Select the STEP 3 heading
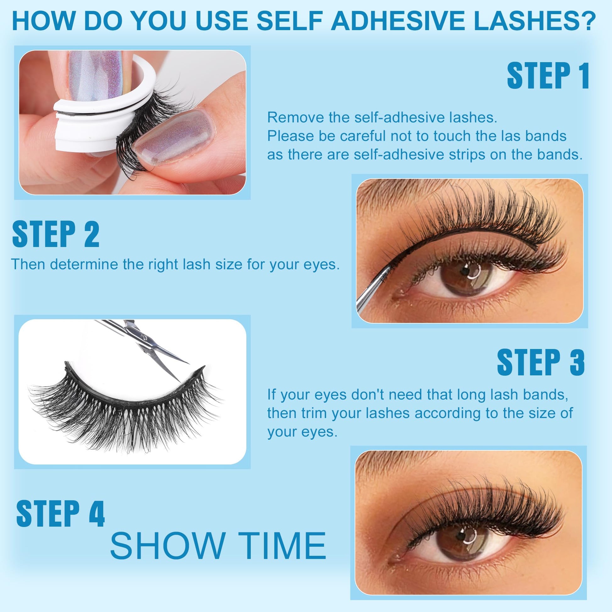point(541,362)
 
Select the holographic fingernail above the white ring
point(95,75)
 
